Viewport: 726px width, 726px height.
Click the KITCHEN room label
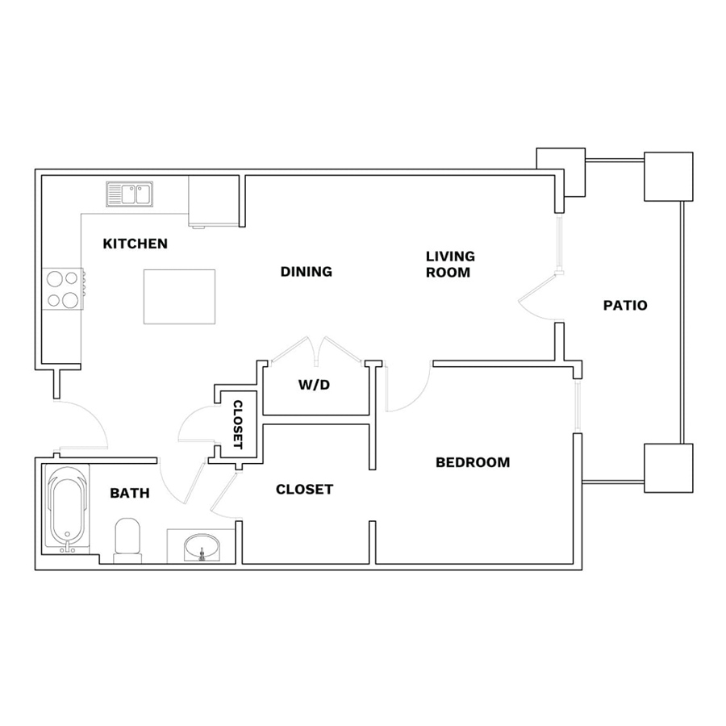coord(136,244)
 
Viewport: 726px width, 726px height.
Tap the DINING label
coord(307,271)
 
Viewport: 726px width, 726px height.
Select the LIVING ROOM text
coord(450,264)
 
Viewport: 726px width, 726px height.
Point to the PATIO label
coord(625,306)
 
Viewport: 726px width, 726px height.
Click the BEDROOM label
coord(473,462)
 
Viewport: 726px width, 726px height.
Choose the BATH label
coord(130,493)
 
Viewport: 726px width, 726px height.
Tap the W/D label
coord(314,385)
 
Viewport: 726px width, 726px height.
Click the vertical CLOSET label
coord(237,424)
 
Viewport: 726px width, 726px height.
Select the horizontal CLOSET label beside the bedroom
coord(304,490)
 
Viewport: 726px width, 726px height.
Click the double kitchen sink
coord(130,194)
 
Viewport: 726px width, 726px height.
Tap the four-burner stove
coord(63,289)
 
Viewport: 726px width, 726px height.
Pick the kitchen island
coord(180,297)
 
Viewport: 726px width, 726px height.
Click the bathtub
coord(67,509)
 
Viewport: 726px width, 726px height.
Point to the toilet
coord(127,540)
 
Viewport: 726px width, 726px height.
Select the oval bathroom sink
coord(202,548)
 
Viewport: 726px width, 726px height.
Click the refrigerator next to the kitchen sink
coord(214,202)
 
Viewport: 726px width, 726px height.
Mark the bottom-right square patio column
coord(669,468)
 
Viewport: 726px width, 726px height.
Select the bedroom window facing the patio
coord(577,406)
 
